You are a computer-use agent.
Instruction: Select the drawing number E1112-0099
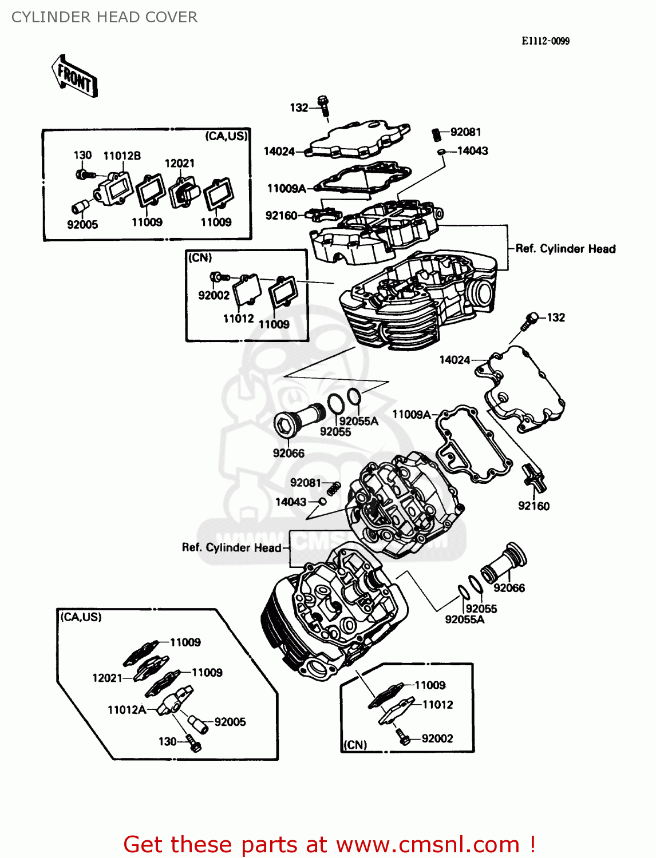point(545,41)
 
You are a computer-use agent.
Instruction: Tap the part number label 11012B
point(122,156)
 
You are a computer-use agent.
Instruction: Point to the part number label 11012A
point(127,710)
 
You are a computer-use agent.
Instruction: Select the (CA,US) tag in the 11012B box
point(226,136)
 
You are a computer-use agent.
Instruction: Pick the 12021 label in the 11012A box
point(107,678)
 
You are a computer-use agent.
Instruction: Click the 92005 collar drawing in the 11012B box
point(80,206)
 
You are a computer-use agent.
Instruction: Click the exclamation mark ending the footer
point(532,844)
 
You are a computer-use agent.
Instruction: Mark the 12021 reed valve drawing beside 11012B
point(183,191)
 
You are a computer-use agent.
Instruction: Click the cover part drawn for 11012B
point(114,187)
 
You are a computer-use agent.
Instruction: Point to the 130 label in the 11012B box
point(82,155)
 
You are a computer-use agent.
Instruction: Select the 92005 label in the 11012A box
point(230,722)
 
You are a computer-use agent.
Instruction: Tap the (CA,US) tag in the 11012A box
point(81,617)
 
